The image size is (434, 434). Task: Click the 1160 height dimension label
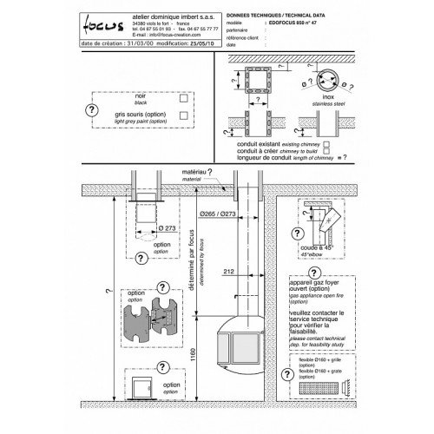[202, 355]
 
